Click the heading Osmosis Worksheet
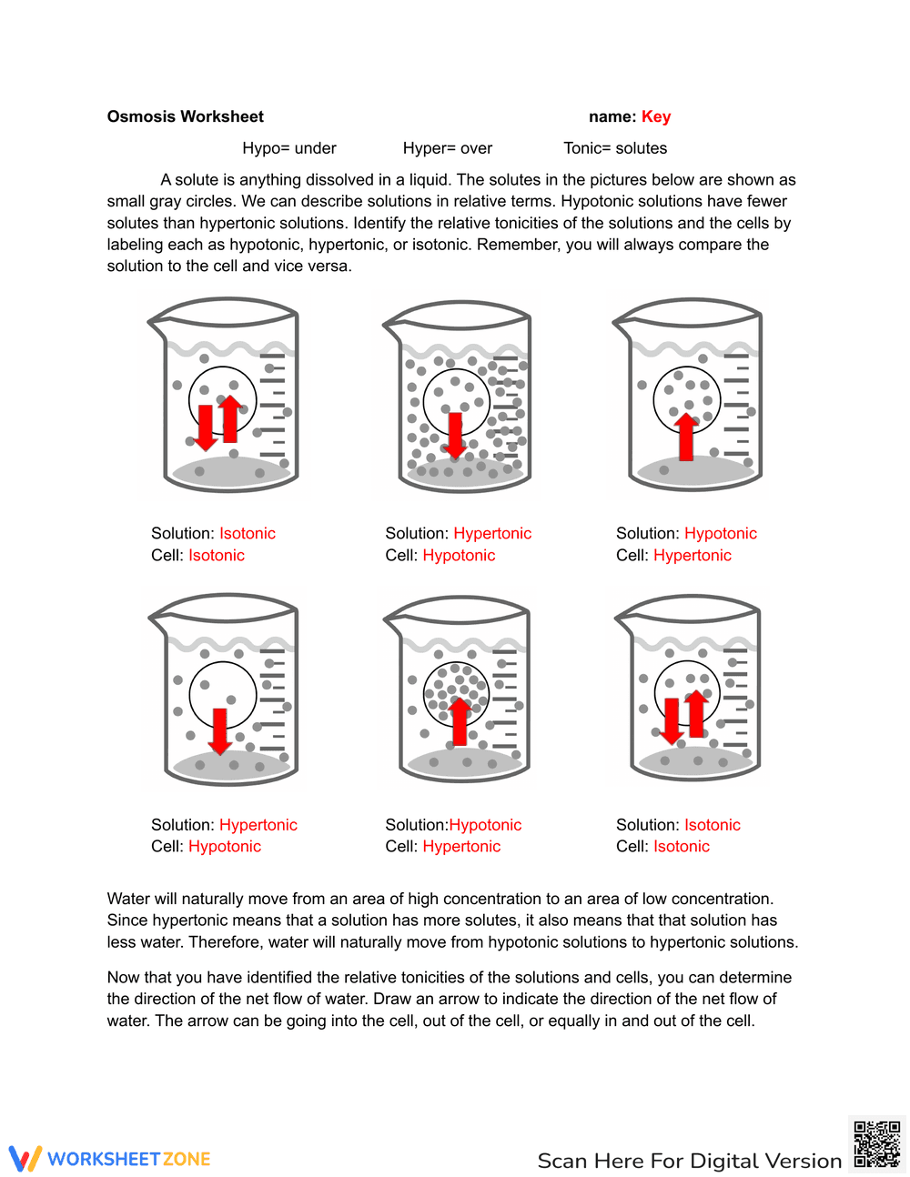tap(185, 116)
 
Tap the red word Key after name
tap(655, 116)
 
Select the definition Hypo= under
tap(289, 148)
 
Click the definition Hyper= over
tap(448, 148)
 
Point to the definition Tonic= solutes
tap(615, 148)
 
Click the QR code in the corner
tap(876, 1144)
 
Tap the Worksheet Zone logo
tap(110, 1159)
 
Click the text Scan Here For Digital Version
tap(690, 1161)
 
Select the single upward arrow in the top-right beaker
tap(686, 437)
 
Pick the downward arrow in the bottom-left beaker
tap(219, 731)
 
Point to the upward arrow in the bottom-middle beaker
tap(460, 721)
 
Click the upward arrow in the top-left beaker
tap(230, 418)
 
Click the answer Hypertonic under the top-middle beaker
tap(492, 534)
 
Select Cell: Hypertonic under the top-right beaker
tap(673, 556)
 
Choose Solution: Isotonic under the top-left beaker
tap(213, 534)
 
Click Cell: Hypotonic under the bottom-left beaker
tap(206, 847)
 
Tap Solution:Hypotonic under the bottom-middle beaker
tap(453, 825)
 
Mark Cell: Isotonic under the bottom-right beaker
tap(662, 847)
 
